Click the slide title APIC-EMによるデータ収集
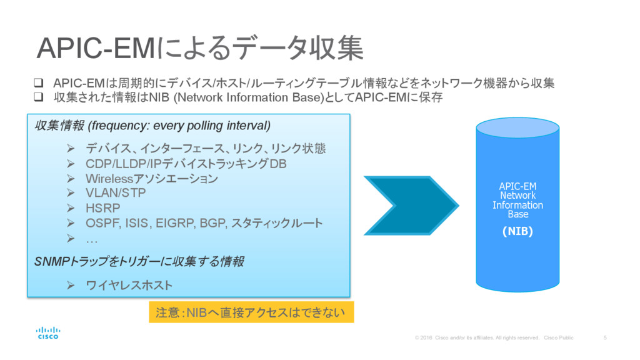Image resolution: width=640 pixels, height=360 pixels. coord(200,49)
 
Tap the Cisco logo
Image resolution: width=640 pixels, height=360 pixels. coord(48,332)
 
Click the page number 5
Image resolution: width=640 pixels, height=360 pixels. coord(605,337)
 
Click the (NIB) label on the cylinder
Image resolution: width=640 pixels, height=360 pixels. coord(517,231)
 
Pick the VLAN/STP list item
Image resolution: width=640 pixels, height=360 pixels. coord(116,193)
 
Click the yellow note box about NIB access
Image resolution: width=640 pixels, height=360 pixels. coord(251,312)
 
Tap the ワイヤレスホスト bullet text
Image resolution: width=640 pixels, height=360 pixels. coord(129,286)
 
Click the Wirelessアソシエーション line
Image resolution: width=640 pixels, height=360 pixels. coord(152,179)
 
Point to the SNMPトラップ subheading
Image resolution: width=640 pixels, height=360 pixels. coord(139,262)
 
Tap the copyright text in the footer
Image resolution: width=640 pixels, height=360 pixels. coord(494,337)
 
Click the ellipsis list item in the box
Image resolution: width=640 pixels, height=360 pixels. coord(92,238)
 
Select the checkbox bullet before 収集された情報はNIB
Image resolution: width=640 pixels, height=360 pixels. coord(38,97)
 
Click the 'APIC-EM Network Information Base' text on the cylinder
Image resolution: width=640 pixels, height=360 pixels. coord(517,200)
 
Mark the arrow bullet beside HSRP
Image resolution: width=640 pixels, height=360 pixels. coord(71,208)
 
